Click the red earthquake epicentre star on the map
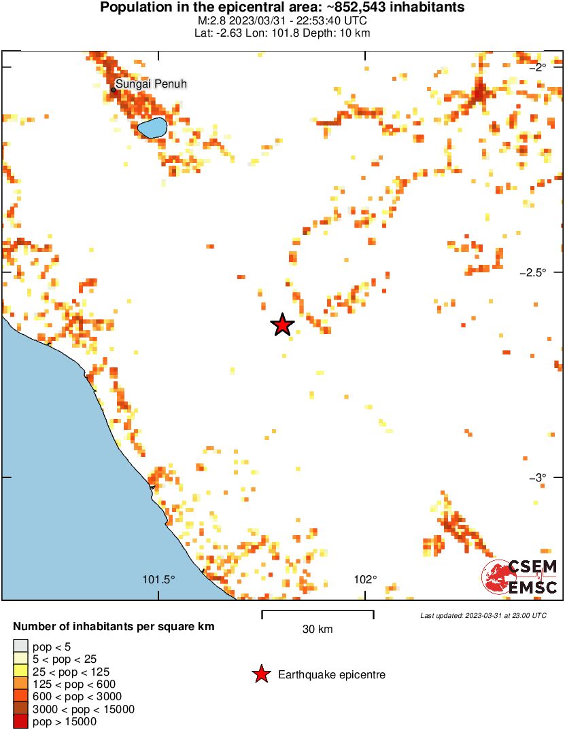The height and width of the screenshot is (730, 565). pos(282,325)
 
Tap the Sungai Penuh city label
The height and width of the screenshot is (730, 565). pos(151,84)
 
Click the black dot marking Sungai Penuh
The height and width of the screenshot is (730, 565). pos(114,90)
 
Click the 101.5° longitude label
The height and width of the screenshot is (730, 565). pos(159,580)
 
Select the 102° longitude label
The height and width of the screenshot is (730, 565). pos(365,580)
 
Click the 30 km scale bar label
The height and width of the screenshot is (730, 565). pos(318,629)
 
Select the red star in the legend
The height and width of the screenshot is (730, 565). pos(260,674)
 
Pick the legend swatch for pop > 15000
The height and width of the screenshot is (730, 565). pos(21,722)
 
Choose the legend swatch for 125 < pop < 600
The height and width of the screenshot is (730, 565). pos(21,684)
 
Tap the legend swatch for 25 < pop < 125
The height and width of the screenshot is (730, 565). pos(21,672)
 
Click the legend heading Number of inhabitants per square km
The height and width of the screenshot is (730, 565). pos(114,626)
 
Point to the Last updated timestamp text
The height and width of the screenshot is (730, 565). pos(483,615)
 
